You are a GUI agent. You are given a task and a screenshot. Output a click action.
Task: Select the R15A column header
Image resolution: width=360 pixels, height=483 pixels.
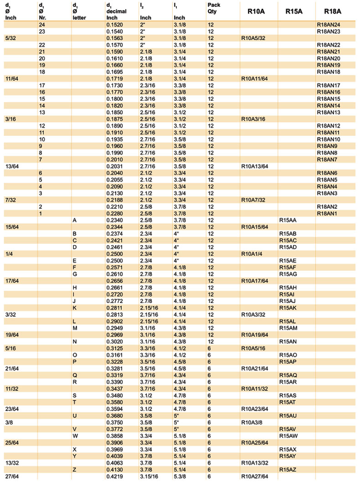295,11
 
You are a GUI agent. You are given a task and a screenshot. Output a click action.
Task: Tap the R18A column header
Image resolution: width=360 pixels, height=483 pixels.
334,11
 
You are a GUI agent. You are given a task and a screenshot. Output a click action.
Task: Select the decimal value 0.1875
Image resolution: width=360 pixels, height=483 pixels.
115,119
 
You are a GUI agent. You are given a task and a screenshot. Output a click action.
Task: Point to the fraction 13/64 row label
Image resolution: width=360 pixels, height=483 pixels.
12,166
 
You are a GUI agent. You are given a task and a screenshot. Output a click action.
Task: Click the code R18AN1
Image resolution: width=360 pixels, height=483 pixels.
328,213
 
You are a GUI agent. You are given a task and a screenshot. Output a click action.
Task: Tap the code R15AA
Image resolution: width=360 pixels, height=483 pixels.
288,220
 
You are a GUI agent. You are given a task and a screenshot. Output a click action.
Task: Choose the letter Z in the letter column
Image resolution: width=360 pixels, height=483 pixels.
74,469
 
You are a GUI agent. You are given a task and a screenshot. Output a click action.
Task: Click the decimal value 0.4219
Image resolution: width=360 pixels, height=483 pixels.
115,477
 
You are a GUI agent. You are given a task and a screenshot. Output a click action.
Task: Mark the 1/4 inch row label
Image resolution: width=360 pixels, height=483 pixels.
9,254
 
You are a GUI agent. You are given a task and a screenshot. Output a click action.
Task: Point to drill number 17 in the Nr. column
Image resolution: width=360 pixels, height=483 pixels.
42,85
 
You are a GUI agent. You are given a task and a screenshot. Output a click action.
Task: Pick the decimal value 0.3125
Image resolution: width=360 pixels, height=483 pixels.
115,348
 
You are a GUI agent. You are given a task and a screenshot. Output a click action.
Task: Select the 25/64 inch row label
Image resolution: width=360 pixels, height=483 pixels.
12,442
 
